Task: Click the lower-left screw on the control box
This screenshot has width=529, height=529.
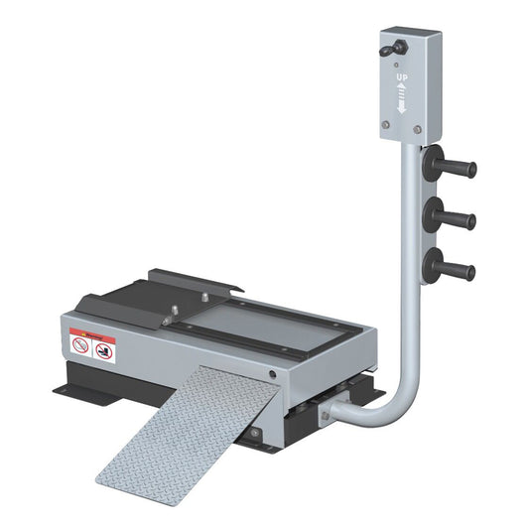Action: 386,124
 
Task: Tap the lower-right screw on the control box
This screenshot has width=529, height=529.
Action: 418,128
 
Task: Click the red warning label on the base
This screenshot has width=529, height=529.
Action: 93,344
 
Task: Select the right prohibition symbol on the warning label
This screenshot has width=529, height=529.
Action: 104,350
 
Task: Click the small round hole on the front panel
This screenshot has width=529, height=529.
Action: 272,374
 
